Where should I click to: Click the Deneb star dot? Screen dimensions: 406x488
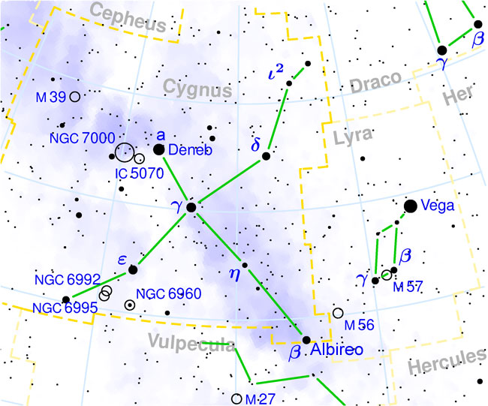coord(159,150)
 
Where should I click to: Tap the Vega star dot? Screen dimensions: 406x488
coord(411,206)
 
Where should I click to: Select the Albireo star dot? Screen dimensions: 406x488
coord(306,340)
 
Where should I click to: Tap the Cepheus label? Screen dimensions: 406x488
coord(130,19)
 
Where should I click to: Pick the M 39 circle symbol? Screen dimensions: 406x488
coord(74,96)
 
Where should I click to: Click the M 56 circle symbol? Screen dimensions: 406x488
coord(338,313)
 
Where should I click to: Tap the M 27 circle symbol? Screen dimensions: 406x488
coord(237,398)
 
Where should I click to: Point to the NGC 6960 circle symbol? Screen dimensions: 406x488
coord(130,305)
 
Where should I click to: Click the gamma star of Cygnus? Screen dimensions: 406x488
coord(191,206)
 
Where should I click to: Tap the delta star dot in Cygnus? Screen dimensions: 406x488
coord(266,155)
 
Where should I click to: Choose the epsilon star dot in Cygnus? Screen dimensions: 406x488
coord(133,269)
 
